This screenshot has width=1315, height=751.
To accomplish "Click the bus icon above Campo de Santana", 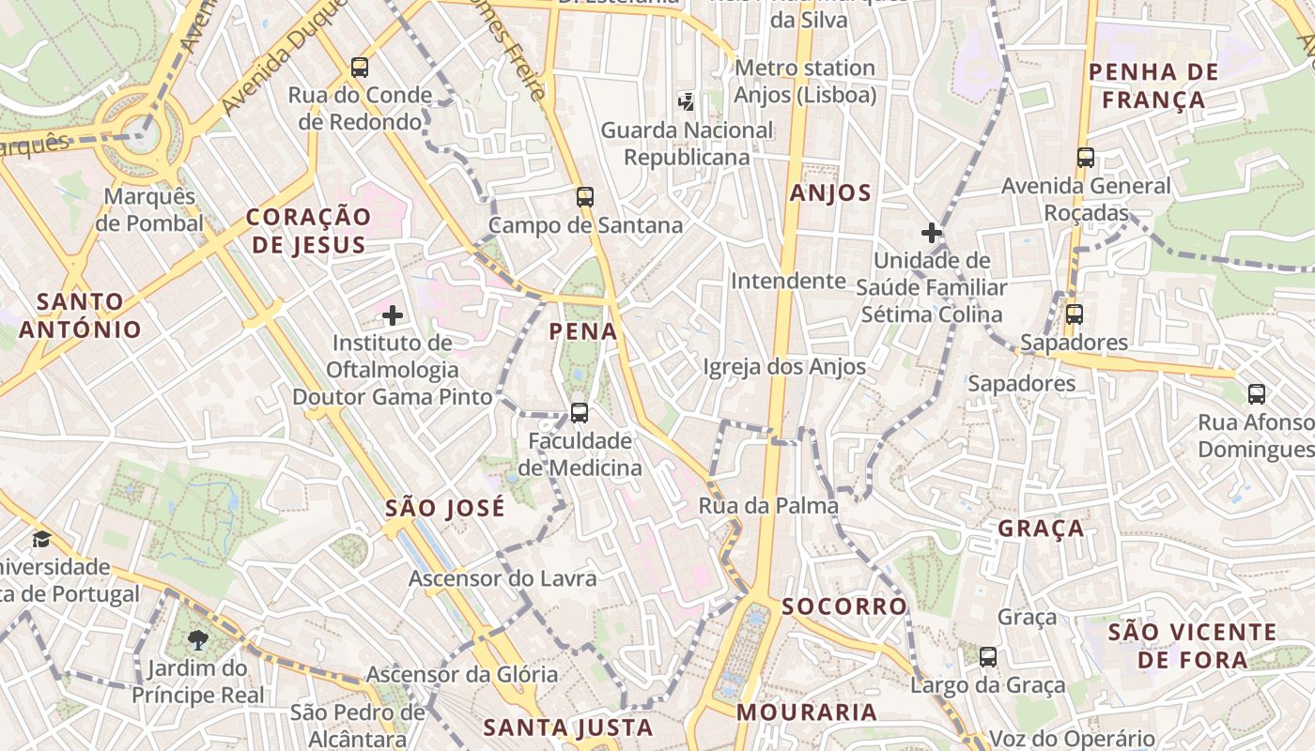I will [x=584, y=197].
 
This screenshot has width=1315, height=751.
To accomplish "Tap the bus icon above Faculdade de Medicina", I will [x=580, y=413].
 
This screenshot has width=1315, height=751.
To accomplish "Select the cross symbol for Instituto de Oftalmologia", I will [x=393, y=315].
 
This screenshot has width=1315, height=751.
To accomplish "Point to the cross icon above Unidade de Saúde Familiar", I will [x=932, y=233].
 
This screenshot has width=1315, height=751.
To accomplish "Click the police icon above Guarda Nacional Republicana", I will [x=687, y=101].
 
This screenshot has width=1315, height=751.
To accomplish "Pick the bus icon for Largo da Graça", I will [x=988, y=657].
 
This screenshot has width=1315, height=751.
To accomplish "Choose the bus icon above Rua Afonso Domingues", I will [x=1257, y=394].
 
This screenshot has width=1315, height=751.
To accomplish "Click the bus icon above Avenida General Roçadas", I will [x=1086, y=158].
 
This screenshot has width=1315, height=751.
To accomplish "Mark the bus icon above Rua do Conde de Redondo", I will [x=360, y=68].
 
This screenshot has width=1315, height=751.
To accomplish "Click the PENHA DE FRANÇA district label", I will [x=1153, y=85].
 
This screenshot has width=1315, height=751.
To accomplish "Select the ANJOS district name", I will [x=830, y=193].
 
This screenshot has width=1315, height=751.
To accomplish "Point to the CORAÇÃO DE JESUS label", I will [x=308, y=231].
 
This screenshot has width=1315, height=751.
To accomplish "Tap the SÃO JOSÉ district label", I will [x=445, y=509].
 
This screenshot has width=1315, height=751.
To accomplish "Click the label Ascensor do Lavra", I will [x=503, y=578].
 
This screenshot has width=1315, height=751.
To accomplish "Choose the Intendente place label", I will [x=788, y=281].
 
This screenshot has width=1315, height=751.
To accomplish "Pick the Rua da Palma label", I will [x=768, y=506].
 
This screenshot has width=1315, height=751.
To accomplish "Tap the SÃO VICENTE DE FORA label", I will [x=1192, y=646].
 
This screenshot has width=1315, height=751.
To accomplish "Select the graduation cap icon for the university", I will [x=41, y=540].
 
